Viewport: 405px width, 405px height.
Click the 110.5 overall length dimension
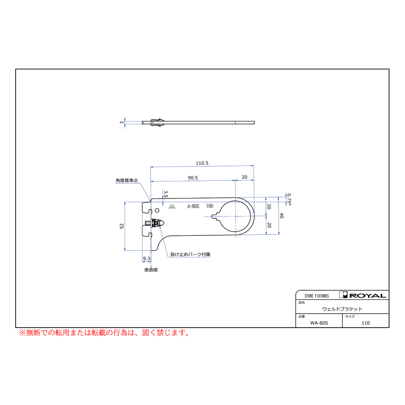[x=202, y=163]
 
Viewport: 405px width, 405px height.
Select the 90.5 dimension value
[x=193, y=178]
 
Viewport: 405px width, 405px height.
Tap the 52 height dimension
[x=122, y=226]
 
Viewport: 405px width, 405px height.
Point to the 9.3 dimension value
[x=146, y=258]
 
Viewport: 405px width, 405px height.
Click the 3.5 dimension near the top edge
[x=166, y=194]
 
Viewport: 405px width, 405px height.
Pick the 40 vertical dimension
[x=282, y=216]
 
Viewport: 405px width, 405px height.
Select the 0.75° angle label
[x=289, y=199]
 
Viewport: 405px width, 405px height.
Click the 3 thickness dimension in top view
[x=121, y=122]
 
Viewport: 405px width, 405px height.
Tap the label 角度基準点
[x=126, y=180]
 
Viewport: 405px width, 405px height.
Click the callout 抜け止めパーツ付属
[x=190, y=254]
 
